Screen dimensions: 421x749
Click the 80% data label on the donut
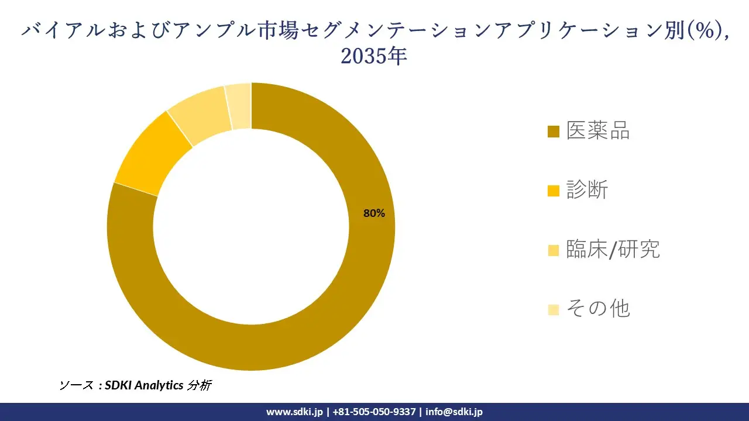pyautogui.click(x=374, y=213)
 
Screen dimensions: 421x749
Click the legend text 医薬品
pyautogui.click(x=598, y=131)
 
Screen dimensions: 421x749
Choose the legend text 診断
pyautogui.click(x=587, y=190)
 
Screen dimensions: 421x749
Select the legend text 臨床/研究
pyautogui.click(x=613, y=250)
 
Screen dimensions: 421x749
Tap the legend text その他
pyautogui.click(x=598, y=309)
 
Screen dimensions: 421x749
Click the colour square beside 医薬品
pyautogui.click(x=554, y=132)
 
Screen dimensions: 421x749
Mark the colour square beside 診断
pyautogui.click(x=554, y=191)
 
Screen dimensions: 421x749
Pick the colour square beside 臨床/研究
pyautogui.click(x=554, y=250)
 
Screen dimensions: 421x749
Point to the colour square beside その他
pyautogui.click(x=554, y=309)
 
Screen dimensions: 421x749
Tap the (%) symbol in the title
pyautogui.click(x=701, y=30)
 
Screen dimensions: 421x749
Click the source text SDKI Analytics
pyautogui.click(x=143, y=385)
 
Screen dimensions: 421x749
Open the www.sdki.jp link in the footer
pyautogui.click(x=294, y=412)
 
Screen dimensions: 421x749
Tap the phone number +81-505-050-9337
pyautogui.click(x=374, y=412)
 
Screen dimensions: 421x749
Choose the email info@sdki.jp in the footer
pyautogui.click(x=454, y=412)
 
